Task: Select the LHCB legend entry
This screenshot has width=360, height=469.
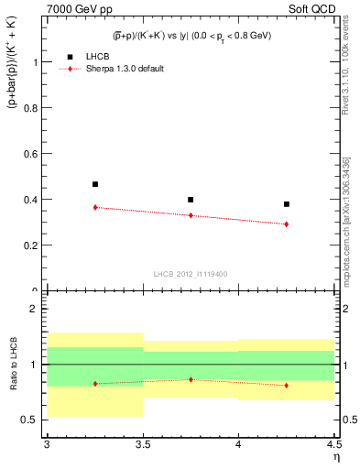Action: [100, 56]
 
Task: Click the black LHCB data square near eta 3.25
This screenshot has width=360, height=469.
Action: [94, 184]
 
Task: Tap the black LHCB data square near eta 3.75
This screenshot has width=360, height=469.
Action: [191, 200]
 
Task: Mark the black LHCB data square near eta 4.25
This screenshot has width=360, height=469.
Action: [287, 204]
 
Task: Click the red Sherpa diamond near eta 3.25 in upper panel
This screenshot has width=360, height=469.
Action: [94, 207]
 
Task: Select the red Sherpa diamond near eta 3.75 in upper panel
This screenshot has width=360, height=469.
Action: [191, 215]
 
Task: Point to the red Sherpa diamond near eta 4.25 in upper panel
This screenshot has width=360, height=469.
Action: [287, 224]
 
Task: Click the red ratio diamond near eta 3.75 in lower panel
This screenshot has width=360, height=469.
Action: [191, 379]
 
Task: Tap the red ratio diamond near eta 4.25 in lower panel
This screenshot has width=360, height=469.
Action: [287, 385]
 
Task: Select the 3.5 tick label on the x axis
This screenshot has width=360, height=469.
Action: [143, 444]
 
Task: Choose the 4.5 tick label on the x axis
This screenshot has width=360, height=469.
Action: [333, 444]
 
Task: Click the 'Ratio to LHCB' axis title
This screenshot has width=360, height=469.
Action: [12, 366]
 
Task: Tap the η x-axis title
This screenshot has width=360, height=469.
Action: [335, 456]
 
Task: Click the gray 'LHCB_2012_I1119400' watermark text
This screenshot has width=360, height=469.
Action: [191, 274]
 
